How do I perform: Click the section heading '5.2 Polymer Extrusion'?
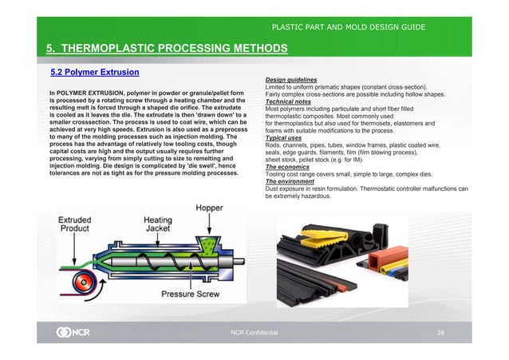(95, 73)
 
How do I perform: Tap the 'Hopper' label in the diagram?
(210, 208)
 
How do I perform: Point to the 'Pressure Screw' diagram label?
(191, 293)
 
